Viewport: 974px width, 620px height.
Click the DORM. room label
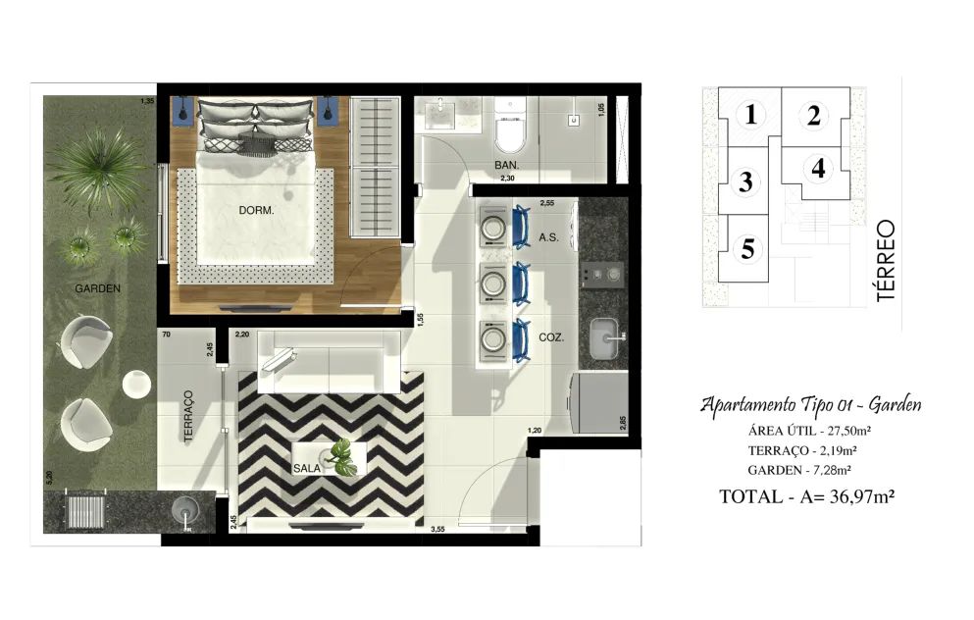(256, 211)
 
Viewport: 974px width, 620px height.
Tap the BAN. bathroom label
(506, 165)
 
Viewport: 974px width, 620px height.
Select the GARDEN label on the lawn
(97, 288)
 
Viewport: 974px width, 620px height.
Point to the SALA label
(307, 468)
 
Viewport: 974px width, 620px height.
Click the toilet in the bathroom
(511, 127)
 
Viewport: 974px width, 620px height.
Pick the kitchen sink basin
(605, 338)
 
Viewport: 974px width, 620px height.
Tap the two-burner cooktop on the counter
(601, 274)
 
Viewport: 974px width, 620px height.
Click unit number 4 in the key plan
(818, 169)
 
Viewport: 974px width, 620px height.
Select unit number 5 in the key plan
(747, 249)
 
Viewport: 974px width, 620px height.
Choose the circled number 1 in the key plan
(751, 115)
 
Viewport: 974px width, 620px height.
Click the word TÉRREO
(887, 260)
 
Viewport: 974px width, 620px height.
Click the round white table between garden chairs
(136, 384)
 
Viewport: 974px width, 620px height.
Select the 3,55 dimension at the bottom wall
(437, 530)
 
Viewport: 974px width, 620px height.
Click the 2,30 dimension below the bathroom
(507, 179)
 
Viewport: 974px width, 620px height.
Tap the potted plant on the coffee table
(341, 457)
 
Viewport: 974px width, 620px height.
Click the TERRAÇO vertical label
(189, 416)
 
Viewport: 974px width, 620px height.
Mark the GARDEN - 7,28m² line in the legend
(798, 470)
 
